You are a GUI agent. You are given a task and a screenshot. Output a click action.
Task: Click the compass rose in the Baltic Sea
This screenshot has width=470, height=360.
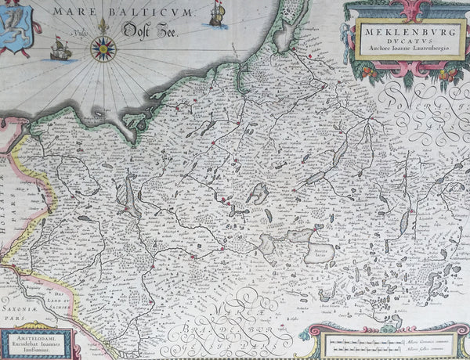(x=103, y=49)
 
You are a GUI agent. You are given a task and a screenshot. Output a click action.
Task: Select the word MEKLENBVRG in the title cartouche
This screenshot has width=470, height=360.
(x=399, y=31)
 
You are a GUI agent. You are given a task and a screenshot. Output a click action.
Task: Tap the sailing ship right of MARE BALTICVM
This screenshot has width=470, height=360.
(x=218, y=14)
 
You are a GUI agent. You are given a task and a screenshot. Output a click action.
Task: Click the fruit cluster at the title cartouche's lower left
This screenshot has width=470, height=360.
(x=368, y=72)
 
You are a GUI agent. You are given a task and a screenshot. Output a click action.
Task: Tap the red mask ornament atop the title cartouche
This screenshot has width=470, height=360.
(x=399, y=10)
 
